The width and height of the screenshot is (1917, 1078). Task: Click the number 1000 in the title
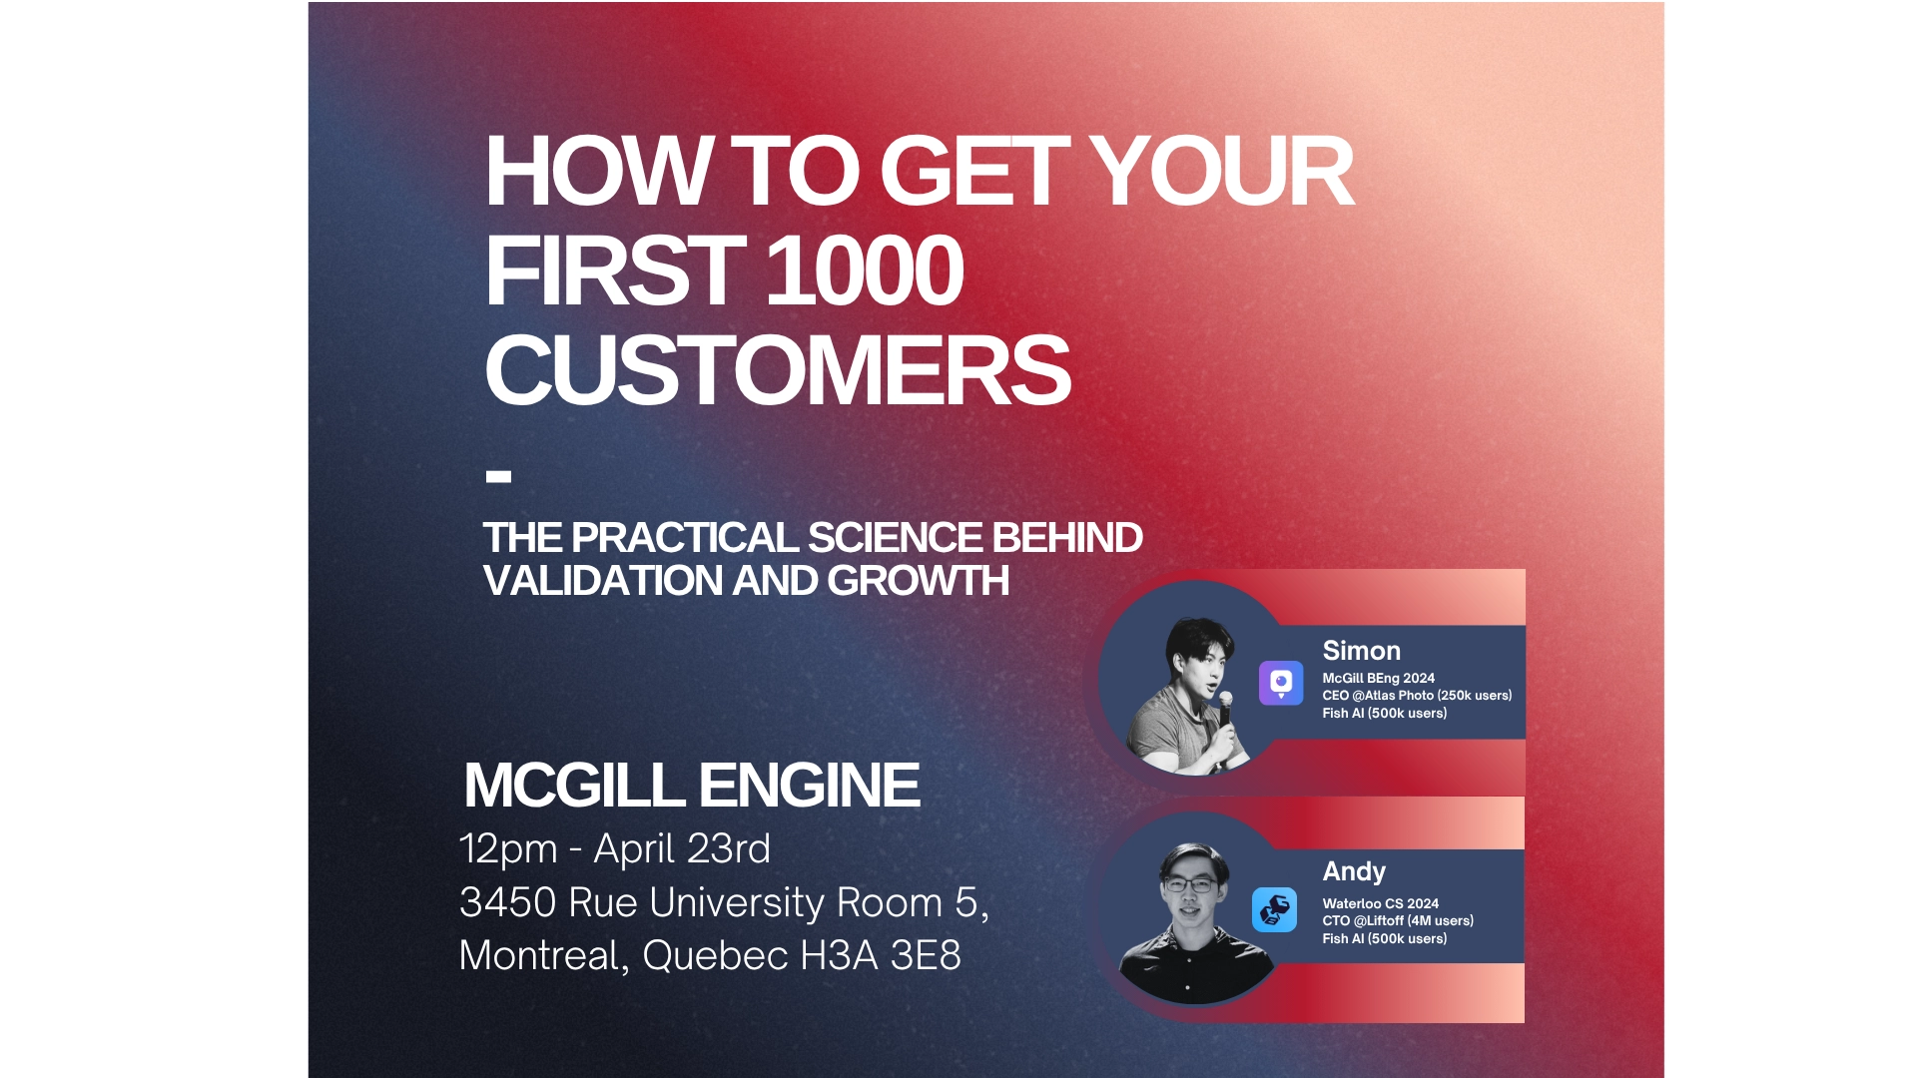[865, 271]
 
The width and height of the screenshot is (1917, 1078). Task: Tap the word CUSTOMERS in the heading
[777, 370]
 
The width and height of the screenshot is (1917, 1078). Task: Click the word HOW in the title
[597, 172]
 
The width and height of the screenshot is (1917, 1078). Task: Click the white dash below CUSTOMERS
[498, 477]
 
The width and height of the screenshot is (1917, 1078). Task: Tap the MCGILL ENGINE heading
[691, 786]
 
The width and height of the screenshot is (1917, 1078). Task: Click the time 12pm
[507, 849]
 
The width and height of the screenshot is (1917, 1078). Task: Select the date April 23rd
[682, 849]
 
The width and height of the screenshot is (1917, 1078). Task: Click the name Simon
[1361, 651]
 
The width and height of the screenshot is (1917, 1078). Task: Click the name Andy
[1353, 871]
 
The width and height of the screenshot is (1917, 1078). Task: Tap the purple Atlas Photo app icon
[1280, 684]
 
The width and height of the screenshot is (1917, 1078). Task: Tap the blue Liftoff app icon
[1274, 910]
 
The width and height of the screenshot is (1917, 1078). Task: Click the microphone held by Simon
[1224, 712]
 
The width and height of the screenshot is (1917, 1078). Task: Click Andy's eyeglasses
[1189, 885]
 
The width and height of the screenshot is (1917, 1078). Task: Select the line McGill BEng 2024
[1378, 678]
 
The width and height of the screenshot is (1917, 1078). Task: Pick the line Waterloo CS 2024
[1380, 903]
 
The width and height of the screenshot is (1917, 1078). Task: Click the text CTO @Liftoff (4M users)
[1397, 921]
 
